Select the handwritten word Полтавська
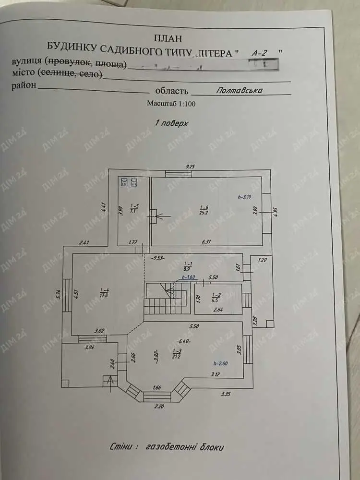pyautogui.click(x=239, y=89)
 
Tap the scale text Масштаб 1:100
pyautogui.click(x=171, y=103)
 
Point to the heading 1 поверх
pyautogui.click(x=171, y=123)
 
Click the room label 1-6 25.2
pyautogui.click(x=204, y=210)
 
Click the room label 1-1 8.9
pyautogui.click(x=188, y=267)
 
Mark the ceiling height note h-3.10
pyautogui.click(x=245, y=197)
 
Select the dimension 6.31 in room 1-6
pyautogui.click(x=206, y=241)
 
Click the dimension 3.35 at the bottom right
pyautogui.click(x=226, y=395)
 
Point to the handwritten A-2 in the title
pyautogui.click(x=260, y=53)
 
